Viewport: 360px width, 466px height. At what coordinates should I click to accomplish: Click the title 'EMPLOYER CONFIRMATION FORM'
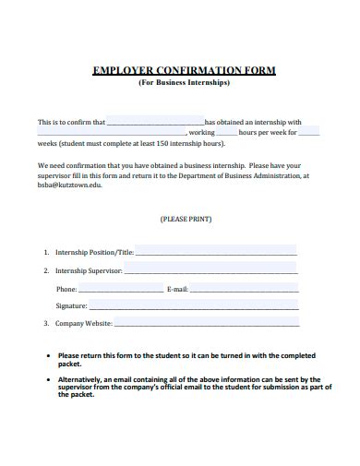pyautogui.click(x=184, y=70)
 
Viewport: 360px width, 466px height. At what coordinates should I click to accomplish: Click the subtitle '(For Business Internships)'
pyautogui.click(x=184, y=82)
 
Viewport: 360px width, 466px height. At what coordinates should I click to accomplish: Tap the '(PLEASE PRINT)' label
pyautogui.click(x=186, y=220)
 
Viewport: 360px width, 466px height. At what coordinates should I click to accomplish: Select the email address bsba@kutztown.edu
pyautogui.click(x=70, y=185)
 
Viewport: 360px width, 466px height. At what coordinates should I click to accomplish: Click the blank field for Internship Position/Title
pyautogui.click(x=216, y=252)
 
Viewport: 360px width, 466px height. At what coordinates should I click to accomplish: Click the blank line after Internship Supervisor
pyautogui.click(x=210, y=271)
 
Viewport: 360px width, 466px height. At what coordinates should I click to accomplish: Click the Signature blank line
pyautogui.click(x=194, y=305)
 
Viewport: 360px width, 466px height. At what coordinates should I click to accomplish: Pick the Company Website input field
pyautogui.click(x=207, y=324)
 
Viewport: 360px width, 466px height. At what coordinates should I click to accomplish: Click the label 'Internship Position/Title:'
pyautogui.click(x=95, y=252)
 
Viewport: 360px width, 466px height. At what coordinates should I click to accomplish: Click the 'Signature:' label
pyautogui.click(x=71, y=305)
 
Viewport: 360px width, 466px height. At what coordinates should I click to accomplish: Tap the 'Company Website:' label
pyautogui.click(x=84, y=324)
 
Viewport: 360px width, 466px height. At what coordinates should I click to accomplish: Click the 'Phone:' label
pyautogui.click(x=66, y=290)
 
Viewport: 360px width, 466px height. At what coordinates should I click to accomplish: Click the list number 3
pyautogui.click(x=46, y=324)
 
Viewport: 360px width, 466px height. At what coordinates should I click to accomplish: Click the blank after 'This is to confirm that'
pyautogui.click(x=155, y=122)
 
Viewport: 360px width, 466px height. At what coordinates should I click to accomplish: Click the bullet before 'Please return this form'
pyautogui.click(x=49, y=355)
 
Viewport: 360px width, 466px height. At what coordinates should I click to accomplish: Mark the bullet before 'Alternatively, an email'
pyautogui.click(x=49, y=379)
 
